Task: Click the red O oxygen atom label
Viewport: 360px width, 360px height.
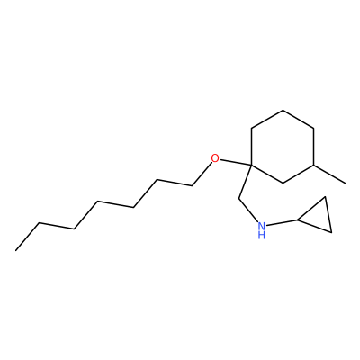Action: pyautogui.click(x=215, y=157)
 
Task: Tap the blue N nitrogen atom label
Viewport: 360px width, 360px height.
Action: pyautogui.click(x=262, y=226)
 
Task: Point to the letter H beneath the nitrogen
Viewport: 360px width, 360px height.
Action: pyautogui.click(x=262, y=235)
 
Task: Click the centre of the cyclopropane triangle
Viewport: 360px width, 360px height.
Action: pyautogui.click(x=319, y=217)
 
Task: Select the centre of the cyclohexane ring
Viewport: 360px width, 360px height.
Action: pyautogui.click(x=283, y=147)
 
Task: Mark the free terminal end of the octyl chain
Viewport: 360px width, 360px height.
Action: pyautogui.click(x=16, y=250)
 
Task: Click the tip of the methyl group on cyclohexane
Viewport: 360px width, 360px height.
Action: pyautogui.click(x=346, y=183)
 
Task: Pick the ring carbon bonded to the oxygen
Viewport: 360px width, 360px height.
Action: pyautogui.click(x=251, y=165)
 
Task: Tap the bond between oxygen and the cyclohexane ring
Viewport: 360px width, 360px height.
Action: pyautogui.click(x=236, y=162)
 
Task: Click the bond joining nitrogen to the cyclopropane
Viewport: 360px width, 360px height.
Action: pyautogui.click(x=282, y=223)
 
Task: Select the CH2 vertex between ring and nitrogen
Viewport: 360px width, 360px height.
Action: pyautogui.click(x=238, y=198)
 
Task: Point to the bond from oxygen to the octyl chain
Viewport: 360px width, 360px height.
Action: pyautogui.click(x=202, y=174)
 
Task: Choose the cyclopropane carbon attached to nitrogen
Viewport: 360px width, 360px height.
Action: pyautogui.click(x=297, y=220)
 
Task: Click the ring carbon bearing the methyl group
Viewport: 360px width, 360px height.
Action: pyautogui.click(x=314, y=165)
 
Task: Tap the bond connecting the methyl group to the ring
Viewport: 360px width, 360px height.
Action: pyautogui.click(x=329, y=174)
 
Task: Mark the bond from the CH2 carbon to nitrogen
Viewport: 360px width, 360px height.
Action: pyautogui.click(x=248, y=211)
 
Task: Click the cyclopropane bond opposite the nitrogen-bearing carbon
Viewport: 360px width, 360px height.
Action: pyautogui.click(x=328, y=214)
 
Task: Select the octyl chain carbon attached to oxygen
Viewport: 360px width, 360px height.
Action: pyautogui.click(x=193, y=186)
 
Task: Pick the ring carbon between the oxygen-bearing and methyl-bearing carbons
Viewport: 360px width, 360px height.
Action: pyautogui.click(x=283, y=183)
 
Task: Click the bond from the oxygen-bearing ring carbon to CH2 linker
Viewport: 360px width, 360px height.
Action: pyautogui.click(x=245, y=182)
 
